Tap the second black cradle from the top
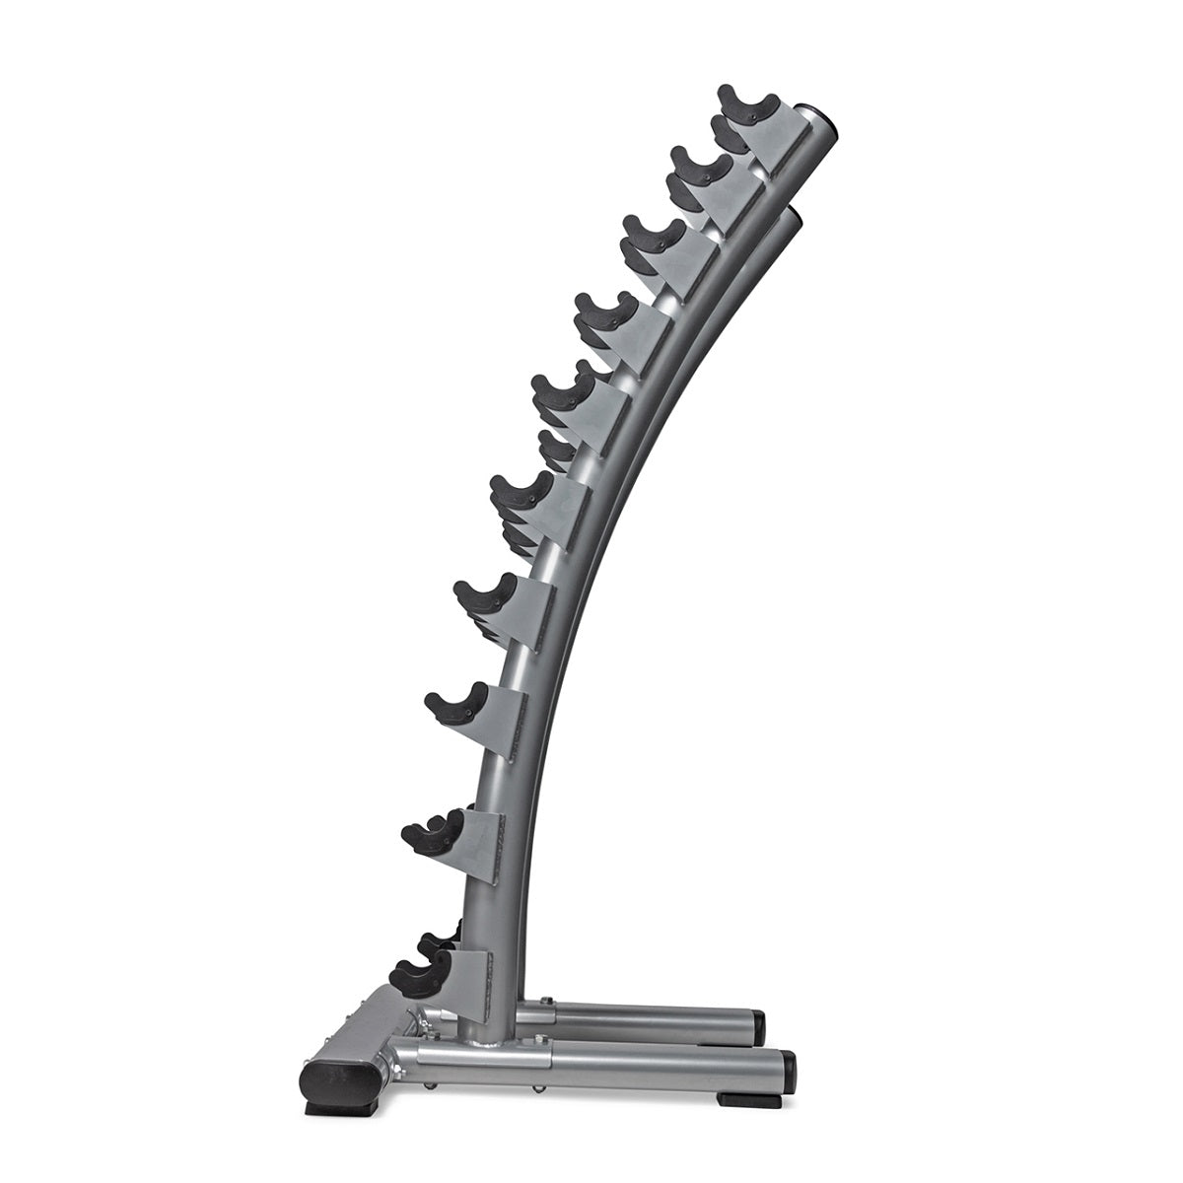[701, 168]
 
